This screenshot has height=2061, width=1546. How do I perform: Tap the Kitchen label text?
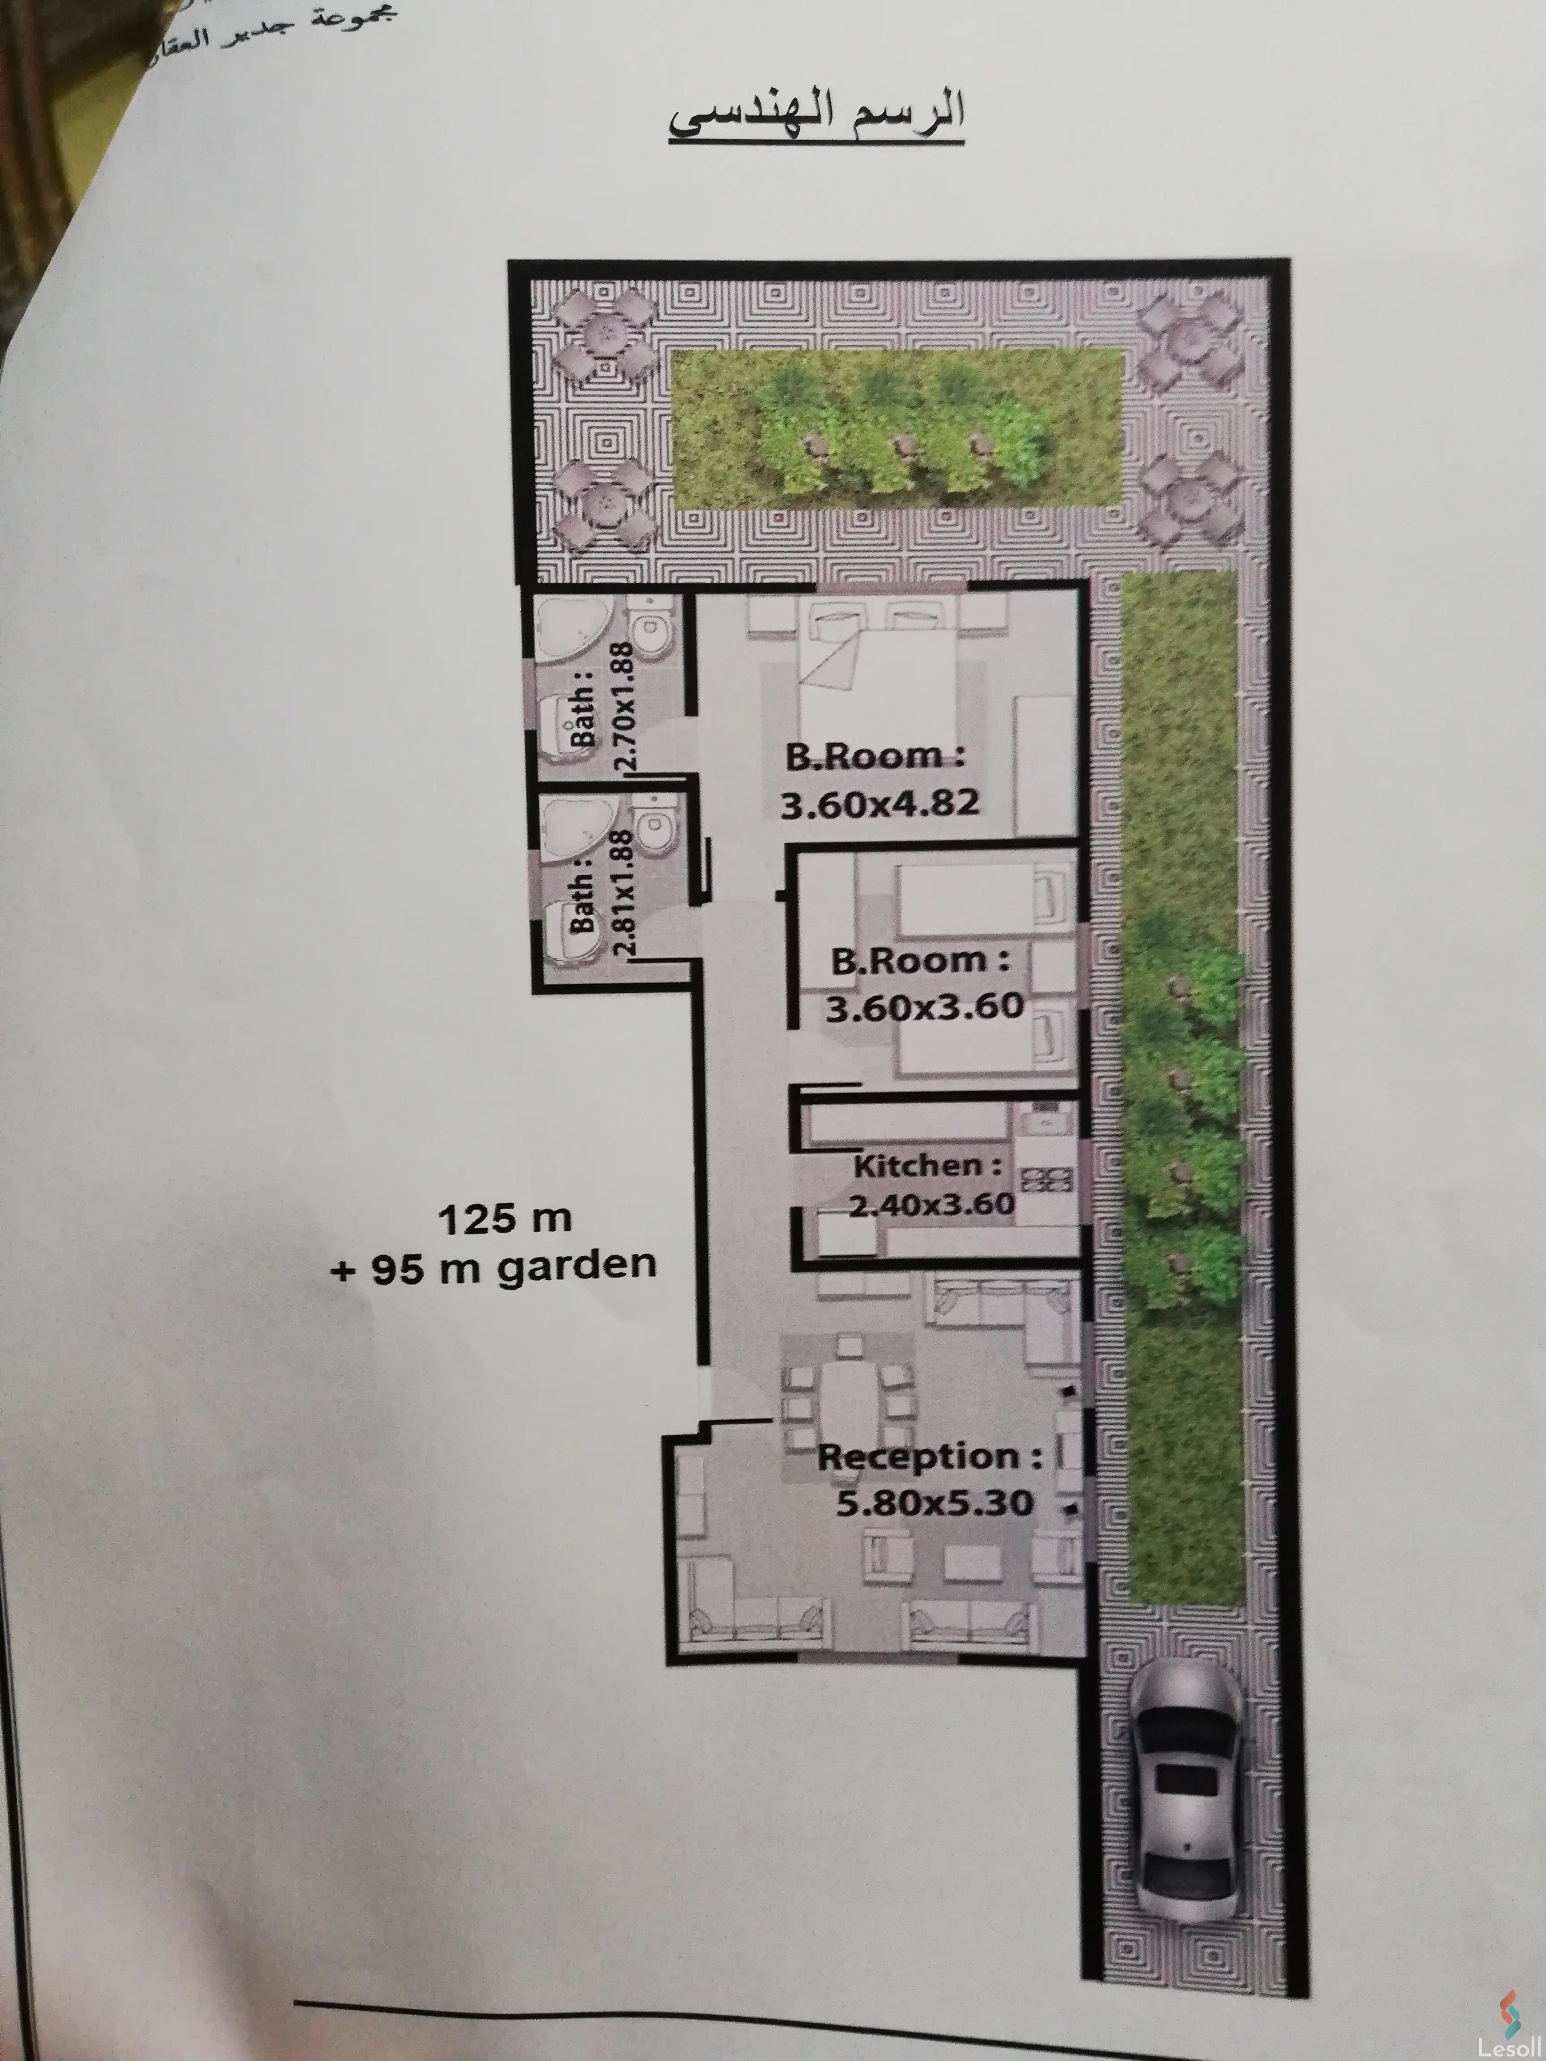pyautogui.click(x=927, y=1166)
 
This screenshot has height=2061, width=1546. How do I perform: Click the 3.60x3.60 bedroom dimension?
pyautogui.click(x=925, y=1007)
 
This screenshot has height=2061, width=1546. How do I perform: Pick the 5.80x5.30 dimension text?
pyautogui.click(x=934, y=1503)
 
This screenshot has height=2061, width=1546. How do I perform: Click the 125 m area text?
pyautogui.click(x=504, y=1219)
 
